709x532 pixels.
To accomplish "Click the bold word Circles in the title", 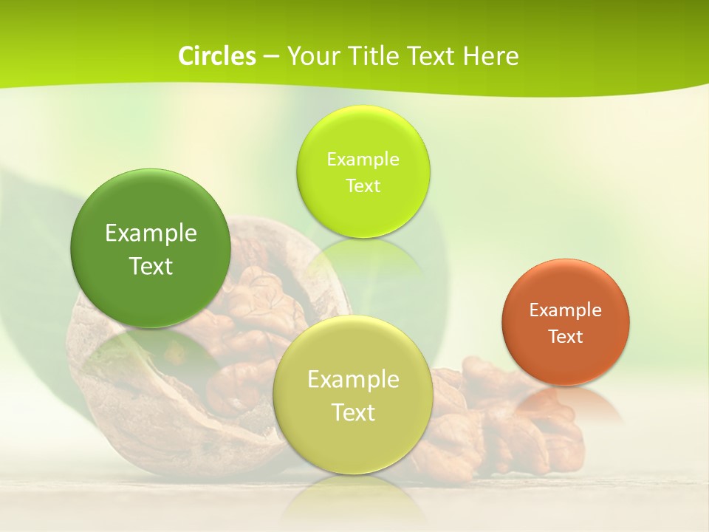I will click(216, 56).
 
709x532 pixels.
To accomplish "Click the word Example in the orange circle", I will click(565, 310).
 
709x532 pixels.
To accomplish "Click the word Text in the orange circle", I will click(565, 337).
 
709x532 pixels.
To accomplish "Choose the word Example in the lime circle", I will click(363, 159).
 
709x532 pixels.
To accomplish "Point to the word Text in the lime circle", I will click(363, 185).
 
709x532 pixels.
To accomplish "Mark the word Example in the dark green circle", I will click(151, 233).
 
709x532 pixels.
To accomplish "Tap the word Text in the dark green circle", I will click(151, 266).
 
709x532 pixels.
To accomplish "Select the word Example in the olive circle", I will click(353, 379).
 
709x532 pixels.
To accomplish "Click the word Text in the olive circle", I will click(353, 412).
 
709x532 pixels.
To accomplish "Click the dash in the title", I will click(270, 56).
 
